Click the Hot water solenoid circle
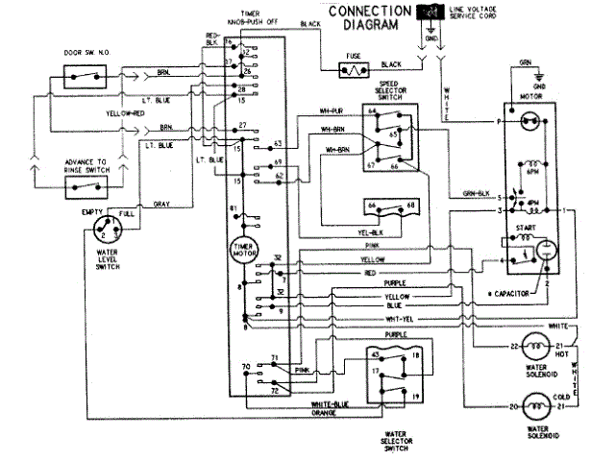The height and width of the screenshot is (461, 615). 528,346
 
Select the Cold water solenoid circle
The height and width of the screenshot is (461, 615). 528,408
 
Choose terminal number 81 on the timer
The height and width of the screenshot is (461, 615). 234,208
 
